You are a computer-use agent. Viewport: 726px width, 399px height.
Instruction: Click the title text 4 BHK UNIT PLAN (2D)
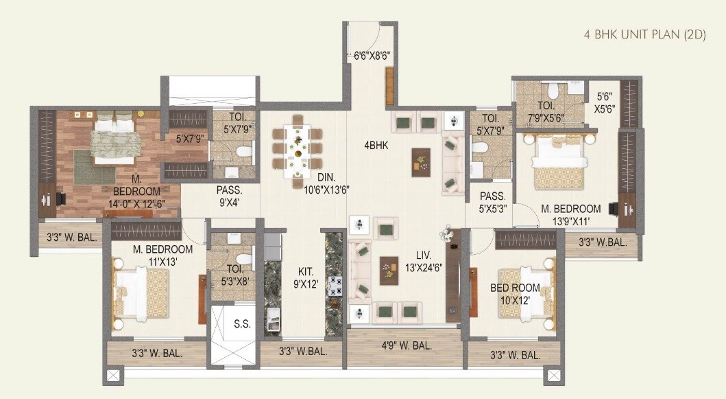click(x=644, y=36)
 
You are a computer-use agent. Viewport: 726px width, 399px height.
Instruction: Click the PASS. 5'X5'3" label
click(x=493, y=202)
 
